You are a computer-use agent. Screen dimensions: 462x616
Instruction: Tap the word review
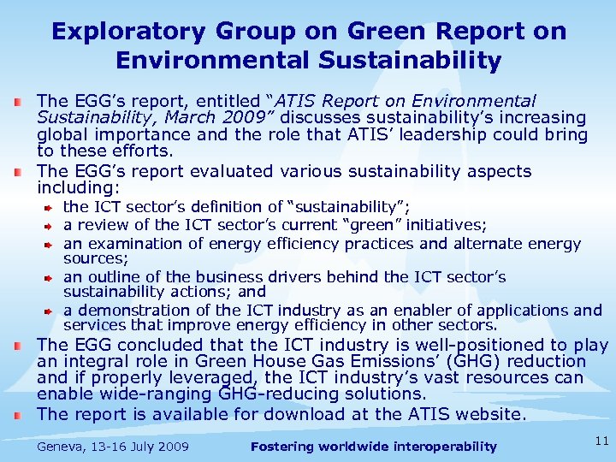click(x=103, y=224)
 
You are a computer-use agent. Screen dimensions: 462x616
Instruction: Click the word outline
click(x=112, y=277)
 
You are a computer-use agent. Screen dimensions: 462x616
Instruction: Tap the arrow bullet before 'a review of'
click(x=50, y=225)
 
